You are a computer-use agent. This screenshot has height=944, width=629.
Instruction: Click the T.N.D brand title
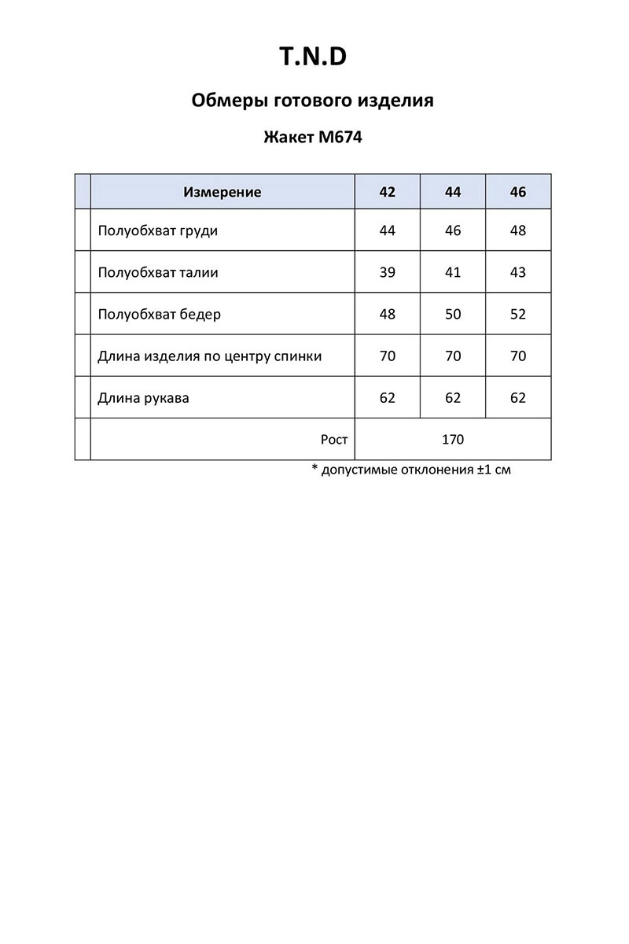pyautogui.click(x=313, y=57)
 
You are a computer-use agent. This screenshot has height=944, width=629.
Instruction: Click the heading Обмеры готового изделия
pyautogui.click(x=313, y=101)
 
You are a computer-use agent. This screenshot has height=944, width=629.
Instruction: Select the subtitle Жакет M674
pyautogui.click(x=313, y=137)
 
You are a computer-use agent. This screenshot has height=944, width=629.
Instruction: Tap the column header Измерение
pyautogui.click(x=222, y=192)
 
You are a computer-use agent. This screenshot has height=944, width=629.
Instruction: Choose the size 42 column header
pyautogui.click(x=387, y=192)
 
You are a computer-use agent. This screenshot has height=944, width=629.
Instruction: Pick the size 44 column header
pyautogui.click(x=453, y=192)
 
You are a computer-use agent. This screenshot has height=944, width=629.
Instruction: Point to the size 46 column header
pyautogui.click(x=517, y=192)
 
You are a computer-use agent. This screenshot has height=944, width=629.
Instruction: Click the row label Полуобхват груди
pyautogui.click(x=158, y=230)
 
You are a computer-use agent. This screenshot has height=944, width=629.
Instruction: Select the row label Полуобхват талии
pyautogui.click(x=158, y=273)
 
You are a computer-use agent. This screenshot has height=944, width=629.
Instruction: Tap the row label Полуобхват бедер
pyautogui.click(x=160, y=315)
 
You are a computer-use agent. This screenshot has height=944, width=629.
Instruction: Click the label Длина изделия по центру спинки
pyautogui.click(x=210, y=356)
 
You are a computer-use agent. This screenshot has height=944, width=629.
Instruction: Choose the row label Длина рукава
pyautogui.click(x=144, y=398)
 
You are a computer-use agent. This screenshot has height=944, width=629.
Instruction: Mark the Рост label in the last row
pyautogui.click(x=334, y=440)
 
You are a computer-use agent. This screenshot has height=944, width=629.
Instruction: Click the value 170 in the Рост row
pyautogui.click(x=453, y=440)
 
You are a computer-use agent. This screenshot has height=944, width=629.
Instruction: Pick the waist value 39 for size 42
pyautogui.click(x=387, y=273)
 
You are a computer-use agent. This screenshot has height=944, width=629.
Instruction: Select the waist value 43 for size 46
pyautogui.click(x=517, y=273)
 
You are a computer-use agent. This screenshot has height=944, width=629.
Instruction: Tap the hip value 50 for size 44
pyautogui.click(x=453, y=315)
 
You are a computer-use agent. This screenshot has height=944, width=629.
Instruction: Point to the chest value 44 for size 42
pyautogui.click(x=387, y=230)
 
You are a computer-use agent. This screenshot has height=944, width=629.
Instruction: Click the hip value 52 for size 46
pyautogui.click(x=517, y=315)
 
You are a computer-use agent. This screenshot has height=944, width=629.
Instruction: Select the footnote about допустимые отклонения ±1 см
pyautogui.click(x=406, y=470)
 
